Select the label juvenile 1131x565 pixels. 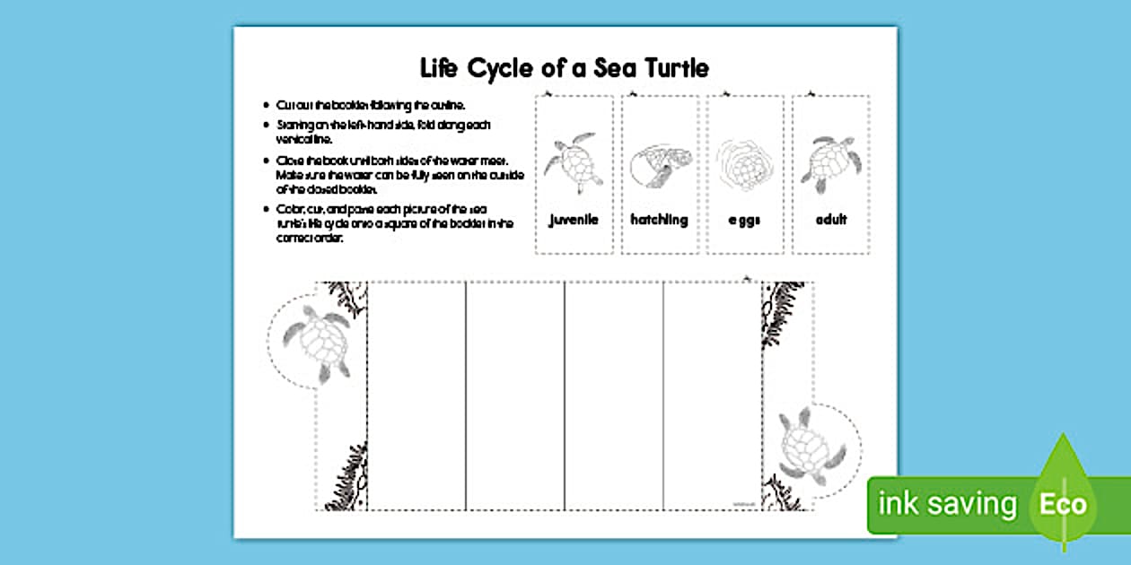(574, 219)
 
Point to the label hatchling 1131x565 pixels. (659, 219)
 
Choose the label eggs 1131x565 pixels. (744, 220)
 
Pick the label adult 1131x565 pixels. (830, 219)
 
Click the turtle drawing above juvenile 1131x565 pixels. (574, 162)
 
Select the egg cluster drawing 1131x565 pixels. (743, 164)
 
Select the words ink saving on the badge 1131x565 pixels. (947, 504)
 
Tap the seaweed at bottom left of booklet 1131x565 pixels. (346, 480)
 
